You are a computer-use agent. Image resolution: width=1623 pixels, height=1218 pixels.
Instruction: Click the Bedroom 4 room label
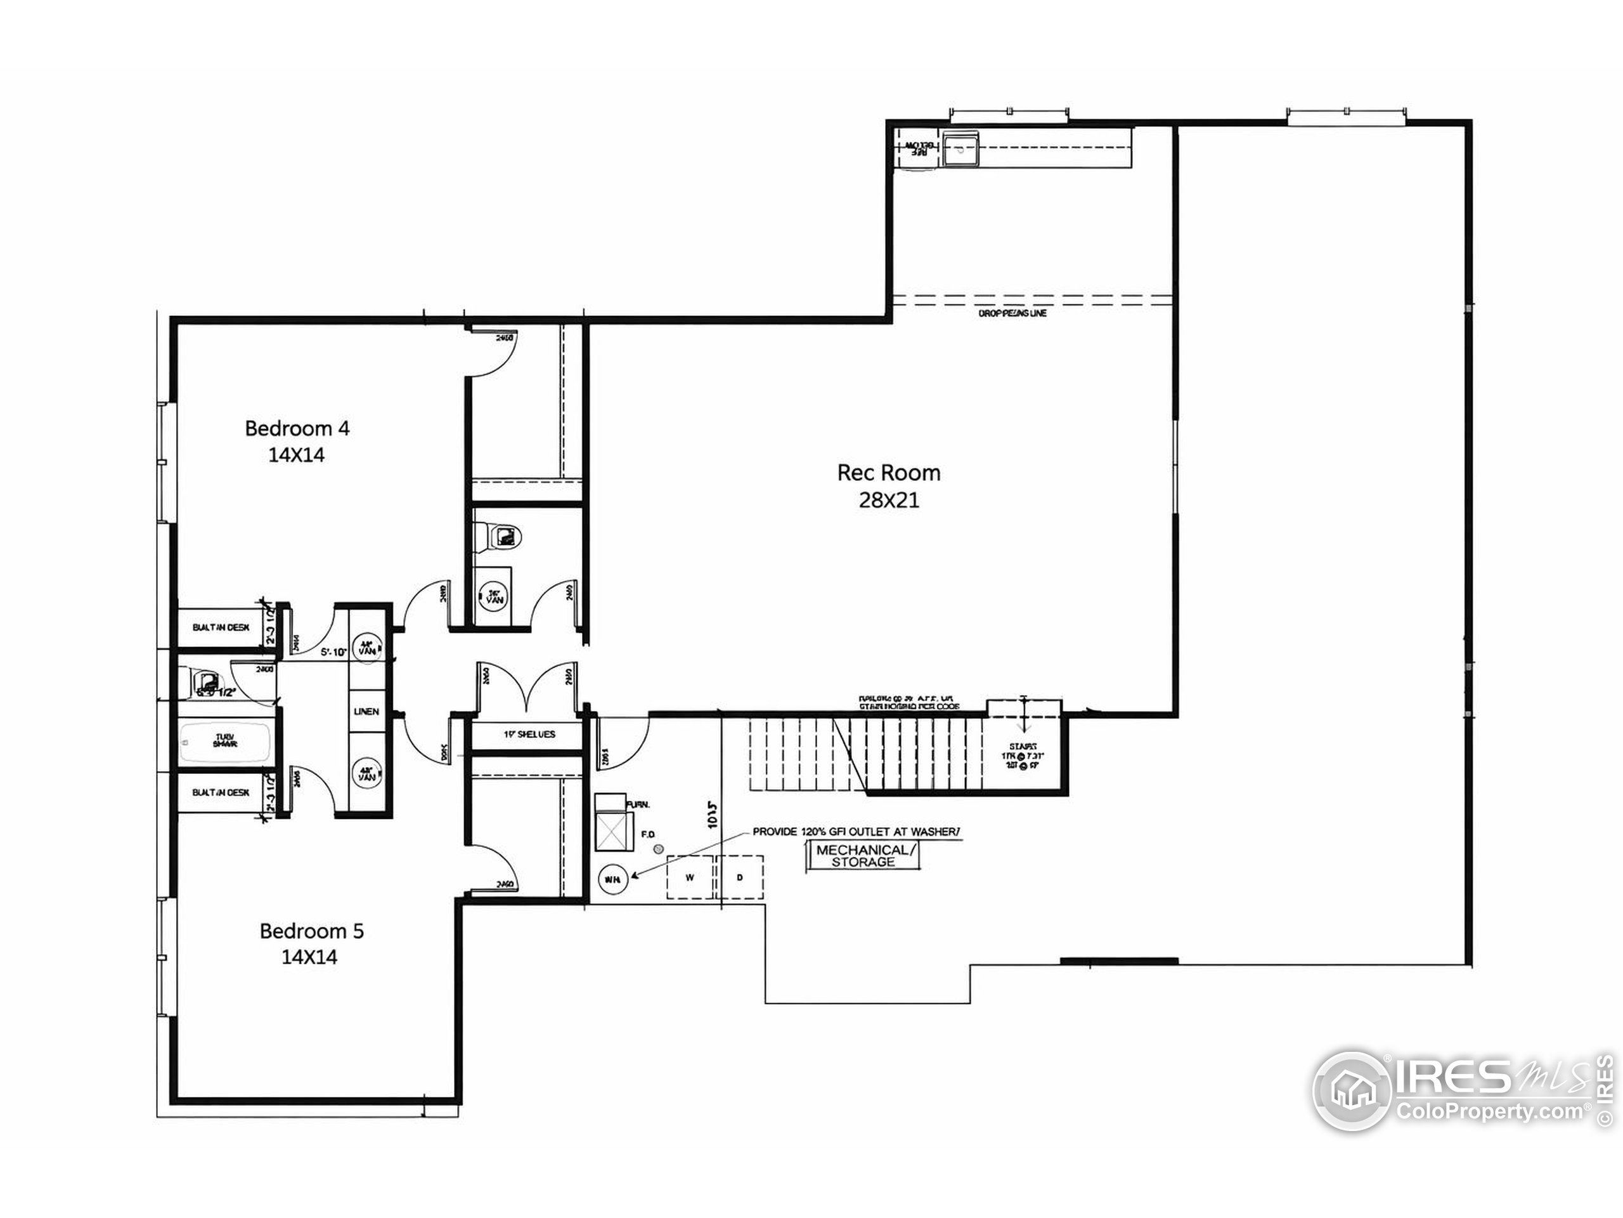click(297, 428)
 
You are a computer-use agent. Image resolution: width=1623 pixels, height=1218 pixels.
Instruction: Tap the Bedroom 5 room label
click(311, 931)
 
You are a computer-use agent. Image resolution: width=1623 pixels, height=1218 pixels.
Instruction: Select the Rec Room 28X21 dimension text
click(889, 501)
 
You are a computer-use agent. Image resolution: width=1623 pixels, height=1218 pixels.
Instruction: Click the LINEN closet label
click(366, 711)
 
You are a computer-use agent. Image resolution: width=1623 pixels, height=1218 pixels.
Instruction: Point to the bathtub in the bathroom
click(225, 742)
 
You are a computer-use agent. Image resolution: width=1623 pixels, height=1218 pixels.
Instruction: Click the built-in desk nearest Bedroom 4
click(221, 628)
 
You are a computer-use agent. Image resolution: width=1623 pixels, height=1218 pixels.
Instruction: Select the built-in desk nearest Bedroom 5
click(221, 793)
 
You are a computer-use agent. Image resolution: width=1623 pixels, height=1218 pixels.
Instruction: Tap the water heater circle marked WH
click(612, 879)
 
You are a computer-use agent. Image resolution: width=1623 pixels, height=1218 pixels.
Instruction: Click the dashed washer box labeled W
click(690, 877)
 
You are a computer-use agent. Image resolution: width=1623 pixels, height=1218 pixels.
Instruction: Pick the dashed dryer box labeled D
click(740, 877)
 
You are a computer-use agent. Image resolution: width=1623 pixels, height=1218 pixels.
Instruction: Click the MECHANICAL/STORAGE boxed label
click(863, 856)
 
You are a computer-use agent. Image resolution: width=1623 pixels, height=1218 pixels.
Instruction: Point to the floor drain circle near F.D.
click(658, 849)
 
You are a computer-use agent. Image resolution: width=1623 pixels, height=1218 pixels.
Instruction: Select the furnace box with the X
click(614, 832)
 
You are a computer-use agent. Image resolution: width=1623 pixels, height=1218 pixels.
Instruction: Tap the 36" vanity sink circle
click(495, 597)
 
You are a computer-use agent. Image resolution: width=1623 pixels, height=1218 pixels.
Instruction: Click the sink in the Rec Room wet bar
click(960, 150)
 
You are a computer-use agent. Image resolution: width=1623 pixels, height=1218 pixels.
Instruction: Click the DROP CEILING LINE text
click(1012, 313)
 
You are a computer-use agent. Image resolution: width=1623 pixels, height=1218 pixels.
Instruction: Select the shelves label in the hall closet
click(529, 734)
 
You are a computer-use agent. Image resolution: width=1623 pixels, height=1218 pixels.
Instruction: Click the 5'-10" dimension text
click(334, 652)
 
